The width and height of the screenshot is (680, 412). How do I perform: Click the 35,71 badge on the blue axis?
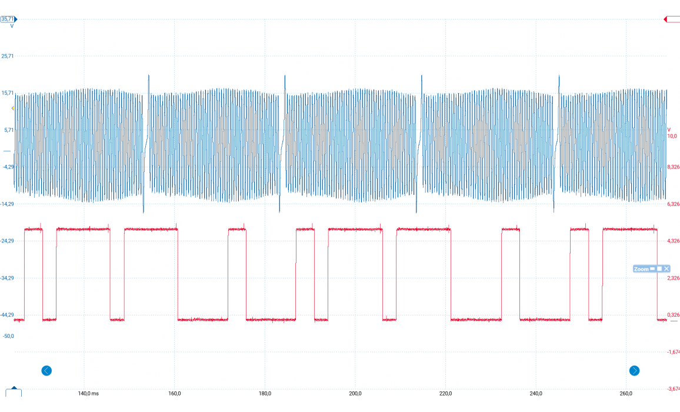8,19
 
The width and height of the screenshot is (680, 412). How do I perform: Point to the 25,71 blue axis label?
8,56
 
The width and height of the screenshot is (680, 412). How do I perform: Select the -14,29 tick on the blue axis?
7,204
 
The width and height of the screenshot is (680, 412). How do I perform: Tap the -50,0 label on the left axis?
8,336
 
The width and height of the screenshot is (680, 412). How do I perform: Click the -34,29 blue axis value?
7,278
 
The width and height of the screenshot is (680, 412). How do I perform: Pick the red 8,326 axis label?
673,167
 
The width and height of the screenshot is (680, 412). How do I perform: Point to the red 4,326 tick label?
673,241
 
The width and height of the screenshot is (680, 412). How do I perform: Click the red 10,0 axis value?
672,136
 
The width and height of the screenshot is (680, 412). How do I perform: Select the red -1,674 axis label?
673,352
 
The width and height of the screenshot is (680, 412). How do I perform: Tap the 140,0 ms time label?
88,394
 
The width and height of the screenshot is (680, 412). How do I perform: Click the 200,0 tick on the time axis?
355,394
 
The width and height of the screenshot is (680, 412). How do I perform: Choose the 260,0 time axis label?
626,394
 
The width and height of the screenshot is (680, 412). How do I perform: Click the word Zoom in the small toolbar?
641,269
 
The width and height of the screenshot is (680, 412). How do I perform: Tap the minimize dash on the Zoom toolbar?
652,268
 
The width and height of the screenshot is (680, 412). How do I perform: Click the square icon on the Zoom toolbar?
659,268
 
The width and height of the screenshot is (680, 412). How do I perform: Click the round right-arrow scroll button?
634,371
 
